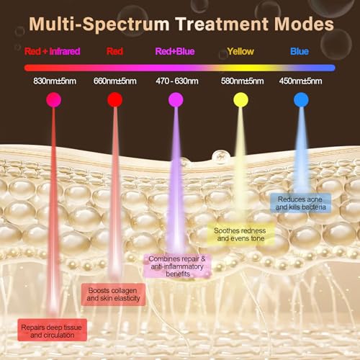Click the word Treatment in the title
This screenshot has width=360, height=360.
221,24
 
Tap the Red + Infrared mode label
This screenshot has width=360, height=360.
53,51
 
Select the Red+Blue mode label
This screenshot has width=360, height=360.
175,51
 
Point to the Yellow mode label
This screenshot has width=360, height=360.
240,51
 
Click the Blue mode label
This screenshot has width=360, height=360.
300,51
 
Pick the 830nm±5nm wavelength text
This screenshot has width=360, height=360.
55,81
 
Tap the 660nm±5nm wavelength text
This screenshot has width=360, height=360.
115,81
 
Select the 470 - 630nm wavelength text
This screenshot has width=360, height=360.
177,81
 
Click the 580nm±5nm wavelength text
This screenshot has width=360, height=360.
243,81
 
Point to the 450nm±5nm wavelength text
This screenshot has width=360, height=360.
300,81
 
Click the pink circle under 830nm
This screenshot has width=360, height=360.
54,100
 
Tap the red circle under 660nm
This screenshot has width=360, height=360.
115,100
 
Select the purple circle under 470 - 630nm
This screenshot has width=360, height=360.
176,100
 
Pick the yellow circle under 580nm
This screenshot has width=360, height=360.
240,100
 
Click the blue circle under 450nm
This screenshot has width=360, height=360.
301,100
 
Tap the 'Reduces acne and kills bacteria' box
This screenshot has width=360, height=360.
301,203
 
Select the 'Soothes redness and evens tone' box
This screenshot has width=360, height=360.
240,234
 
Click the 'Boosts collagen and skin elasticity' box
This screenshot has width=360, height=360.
113,294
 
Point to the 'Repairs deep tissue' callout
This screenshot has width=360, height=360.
52,330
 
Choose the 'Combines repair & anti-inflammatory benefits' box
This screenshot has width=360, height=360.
177,266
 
